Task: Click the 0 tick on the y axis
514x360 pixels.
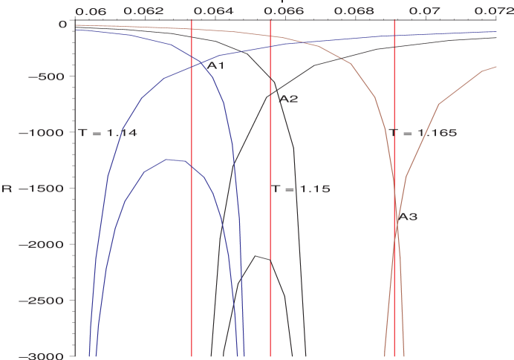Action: tap(62, 24)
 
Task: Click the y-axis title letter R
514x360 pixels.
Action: tap(7, 189)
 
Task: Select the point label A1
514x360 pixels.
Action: tap(215, 66)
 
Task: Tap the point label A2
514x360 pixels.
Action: tap(289, 99)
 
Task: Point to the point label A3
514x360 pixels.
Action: tap(408, 217)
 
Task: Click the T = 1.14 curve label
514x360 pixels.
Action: tap(108, 133)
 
